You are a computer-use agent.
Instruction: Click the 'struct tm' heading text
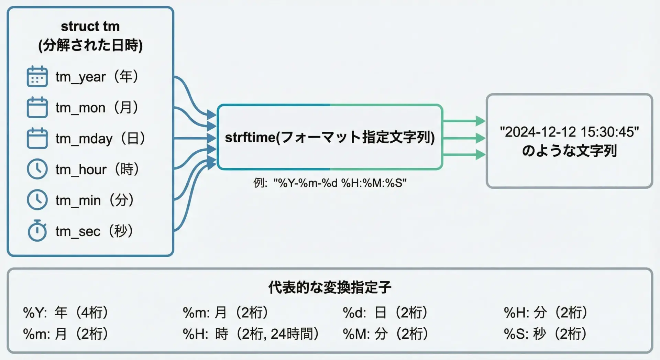90,26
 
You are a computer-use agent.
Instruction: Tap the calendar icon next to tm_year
37,76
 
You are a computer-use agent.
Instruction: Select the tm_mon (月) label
97,108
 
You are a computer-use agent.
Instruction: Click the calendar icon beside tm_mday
37,138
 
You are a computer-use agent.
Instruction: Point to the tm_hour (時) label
97,169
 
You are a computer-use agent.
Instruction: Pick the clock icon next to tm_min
37,200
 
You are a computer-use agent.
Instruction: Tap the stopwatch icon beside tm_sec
37,231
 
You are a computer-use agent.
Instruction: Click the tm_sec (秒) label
94,231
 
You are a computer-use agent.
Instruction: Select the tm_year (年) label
97,77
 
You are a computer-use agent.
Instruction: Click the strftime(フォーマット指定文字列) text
330,137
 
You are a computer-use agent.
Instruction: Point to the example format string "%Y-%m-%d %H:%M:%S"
340,183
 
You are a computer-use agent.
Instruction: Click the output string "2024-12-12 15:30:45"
569,132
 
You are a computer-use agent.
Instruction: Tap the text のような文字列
569,151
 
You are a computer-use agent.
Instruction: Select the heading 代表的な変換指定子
330,287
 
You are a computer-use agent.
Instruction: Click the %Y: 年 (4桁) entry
66,313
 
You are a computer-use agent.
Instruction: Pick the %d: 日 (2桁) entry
385,313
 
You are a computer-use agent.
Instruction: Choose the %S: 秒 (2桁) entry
545,334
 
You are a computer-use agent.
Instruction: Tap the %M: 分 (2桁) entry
385,334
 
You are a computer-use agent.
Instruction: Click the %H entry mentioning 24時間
251,334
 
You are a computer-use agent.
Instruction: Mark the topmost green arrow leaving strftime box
464,121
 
